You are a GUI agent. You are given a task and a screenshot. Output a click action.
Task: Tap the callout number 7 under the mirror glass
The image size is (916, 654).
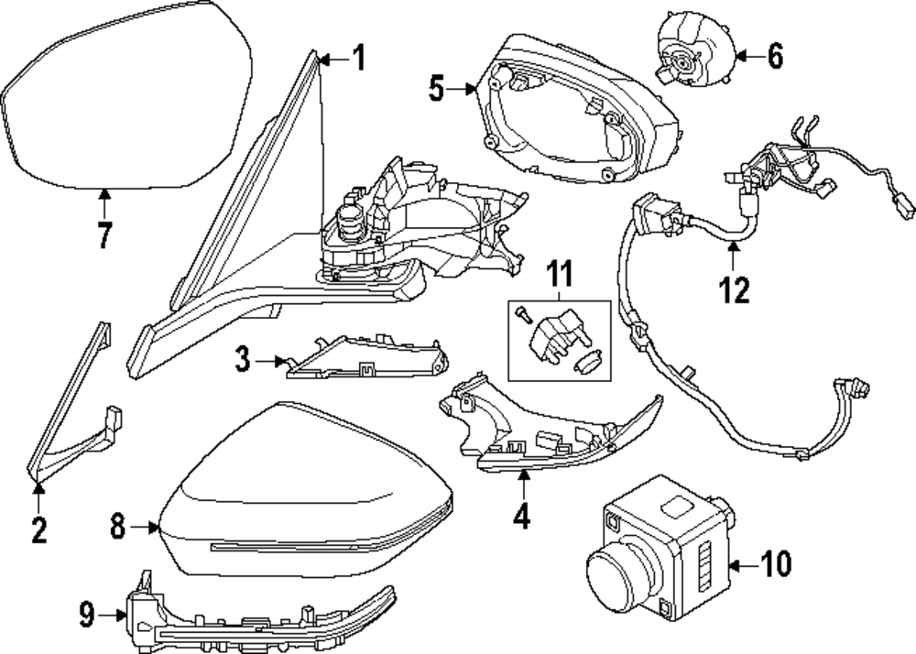[x=104, y=234]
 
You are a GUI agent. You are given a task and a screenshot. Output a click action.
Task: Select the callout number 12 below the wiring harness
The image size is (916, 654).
[x=734, y=289]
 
